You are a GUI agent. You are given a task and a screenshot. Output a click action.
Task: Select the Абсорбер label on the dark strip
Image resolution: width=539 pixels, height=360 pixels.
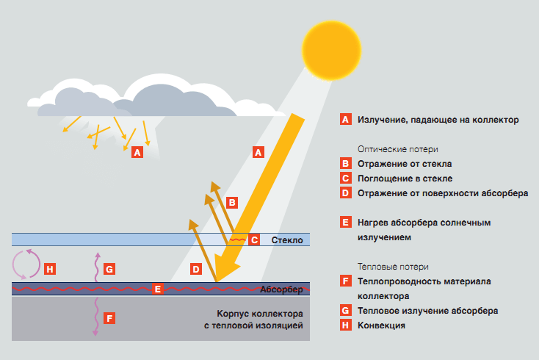point(282,289)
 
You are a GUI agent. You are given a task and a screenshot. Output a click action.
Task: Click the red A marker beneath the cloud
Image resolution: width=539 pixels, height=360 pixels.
point(136,153)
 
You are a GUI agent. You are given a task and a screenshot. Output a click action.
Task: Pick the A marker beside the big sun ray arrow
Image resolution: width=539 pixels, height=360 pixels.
point(257,153)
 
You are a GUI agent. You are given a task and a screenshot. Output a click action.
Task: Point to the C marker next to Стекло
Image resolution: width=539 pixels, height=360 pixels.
point(254,240)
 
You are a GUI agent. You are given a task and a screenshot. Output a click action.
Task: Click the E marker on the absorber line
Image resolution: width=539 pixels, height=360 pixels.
point(157,289)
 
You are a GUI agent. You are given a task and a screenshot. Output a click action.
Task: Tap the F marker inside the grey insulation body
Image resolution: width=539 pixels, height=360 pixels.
point(109,319)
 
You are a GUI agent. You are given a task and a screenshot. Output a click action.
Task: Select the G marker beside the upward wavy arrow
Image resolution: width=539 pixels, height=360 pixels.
point(109,270)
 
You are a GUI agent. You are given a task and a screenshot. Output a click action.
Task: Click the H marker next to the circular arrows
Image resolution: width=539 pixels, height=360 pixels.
point(50,270)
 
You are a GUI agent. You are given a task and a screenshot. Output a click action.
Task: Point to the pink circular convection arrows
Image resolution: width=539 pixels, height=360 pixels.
point(27,264)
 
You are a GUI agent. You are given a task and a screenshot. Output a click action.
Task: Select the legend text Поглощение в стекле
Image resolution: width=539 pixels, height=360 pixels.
point(405,179)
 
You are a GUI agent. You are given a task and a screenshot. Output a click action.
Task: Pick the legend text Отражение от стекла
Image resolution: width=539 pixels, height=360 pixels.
point(405,164)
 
